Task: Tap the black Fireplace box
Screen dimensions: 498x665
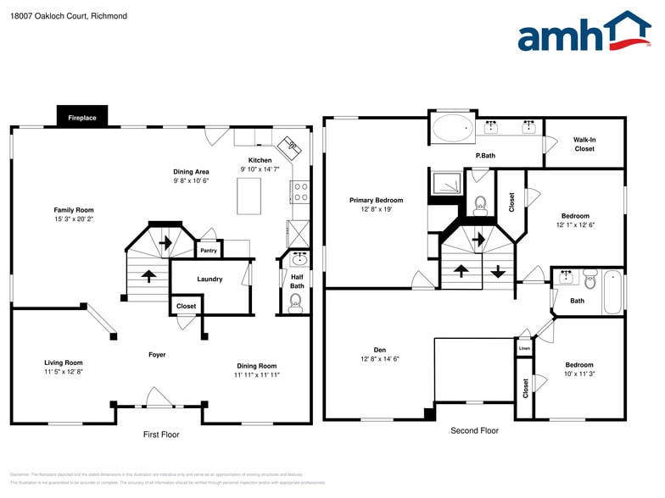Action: tap(82, 118)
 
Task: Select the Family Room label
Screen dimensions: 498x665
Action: tap(74, 210)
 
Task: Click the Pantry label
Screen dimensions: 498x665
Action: tap(208, 251)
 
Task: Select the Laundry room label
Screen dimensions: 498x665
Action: tap(210, 279)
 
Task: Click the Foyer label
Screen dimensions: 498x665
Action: tap(157, 355)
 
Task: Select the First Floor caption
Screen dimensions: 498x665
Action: tap(161, 434)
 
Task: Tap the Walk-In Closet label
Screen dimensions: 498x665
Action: tap(584, 144)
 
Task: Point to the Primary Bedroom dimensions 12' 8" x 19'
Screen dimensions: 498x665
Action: tap(377, 209)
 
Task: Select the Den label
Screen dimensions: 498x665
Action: tap(379, 350)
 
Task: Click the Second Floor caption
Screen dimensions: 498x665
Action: tap(474, 431)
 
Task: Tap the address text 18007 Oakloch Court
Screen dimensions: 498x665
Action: tap(57, 15)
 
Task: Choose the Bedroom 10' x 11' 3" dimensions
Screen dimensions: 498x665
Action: tap(579, 374)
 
